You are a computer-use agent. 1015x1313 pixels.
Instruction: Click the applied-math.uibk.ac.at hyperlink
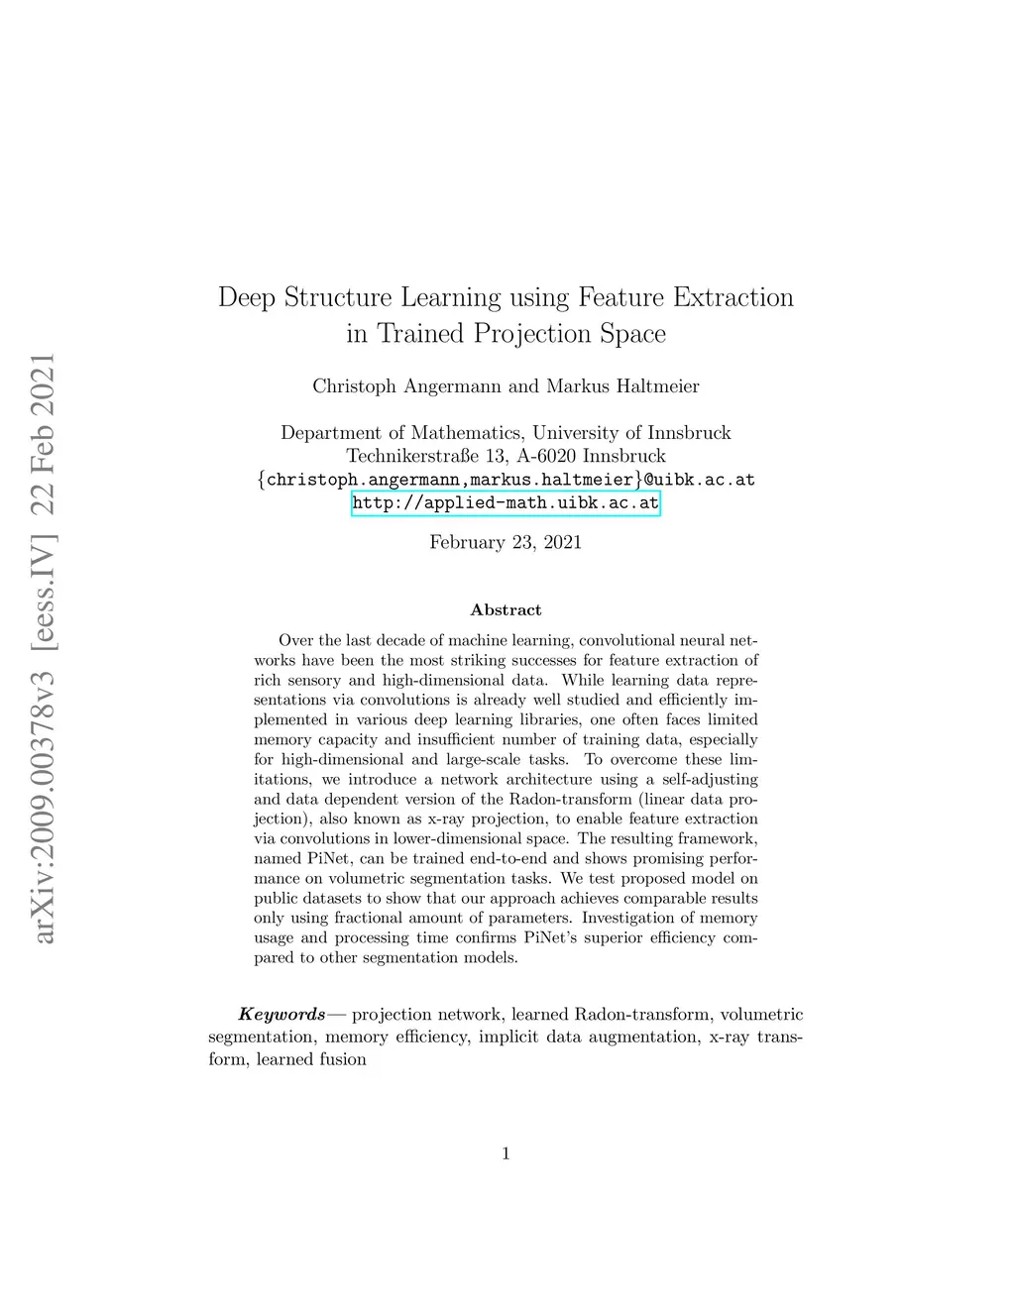(x=506, y=503)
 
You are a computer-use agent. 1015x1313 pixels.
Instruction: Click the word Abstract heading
(x=506, y=610)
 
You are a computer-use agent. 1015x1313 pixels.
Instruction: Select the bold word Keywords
(x=282, y=1015)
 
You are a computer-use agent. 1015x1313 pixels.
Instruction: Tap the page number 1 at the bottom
(x=506, y=1152)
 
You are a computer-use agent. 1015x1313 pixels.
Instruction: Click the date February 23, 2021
(x=506, y=542)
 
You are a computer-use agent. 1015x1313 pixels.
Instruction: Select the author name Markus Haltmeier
(x=622, y=386)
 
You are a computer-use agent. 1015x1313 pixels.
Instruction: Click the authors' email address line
(x=506, y=480)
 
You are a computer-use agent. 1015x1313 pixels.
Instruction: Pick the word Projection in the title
(x=535, y=334)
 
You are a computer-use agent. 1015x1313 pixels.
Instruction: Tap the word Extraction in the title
(x=733, y=298)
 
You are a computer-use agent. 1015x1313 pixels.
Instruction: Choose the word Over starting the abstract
(x=295, y=641)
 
